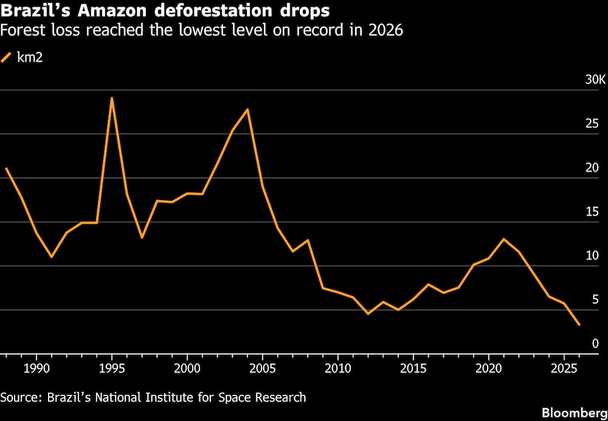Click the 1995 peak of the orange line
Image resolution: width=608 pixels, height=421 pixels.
coord(112,98)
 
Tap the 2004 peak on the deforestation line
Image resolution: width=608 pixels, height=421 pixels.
coord(247,109)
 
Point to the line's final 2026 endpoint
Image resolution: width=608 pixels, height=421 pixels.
coord(579,325)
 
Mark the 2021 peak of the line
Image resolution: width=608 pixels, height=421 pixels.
coord(503,238)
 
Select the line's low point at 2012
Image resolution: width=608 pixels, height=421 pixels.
coord(368,313)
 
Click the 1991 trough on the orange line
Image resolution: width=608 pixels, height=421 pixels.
coord(52,257)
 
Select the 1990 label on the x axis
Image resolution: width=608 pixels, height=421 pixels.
coord(36,368)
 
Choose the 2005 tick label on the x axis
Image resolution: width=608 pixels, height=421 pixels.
coord(263,368)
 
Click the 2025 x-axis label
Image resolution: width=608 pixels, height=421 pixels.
coord(564,368)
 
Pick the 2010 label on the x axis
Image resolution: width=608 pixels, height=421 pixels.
coord(337,368)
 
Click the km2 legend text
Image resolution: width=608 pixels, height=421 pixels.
coord(29,58)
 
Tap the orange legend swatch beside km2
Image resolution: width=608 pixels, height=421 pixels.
coord(7,58)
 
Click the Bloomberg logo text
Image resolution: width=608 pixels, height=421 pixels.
coord(575,412)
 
